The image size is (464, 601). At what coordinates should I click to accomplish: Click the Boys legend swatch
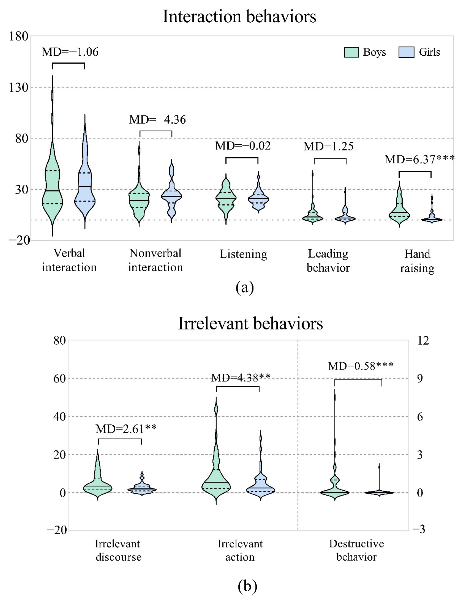[x=351, y=52]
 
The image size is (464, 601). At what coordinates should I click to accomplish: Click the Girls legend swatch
[x=406, y=52]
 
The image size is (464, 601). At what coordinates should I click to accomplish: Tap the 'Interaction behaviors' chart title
[x=239, y=17]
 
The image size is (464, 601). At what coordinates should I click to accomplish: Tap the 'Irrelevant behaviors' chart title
[x=250, y=323]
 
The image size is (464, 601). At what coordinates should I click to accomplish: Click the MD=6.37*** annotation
[x=420, y=159]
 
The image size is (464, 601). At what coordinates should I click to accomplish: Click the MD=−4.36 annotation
[x=158, y=120]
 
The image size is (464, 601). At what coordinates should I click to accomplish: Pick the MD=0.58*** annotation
[x=361, y=366]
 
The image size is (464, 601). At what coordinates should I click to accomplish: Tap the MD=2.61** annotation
[x=126, y=429]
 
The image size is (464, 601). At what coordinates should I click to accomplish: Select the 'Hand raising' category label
[x=417, y=261]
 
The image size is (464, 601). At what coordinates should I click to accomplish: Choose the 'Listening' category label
[x=243, y=254]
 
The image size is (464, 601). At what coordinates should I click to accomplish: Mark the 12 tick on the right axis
[x=423, y=341]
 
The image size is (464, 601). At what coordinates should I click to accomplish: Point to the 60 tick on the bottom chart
[x=60, y=379]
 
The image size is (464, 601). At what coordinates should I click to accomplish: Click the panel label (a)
[x=245, y=288]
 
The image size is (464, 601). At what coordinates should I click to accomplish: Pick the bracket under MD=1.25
[x=330, y=159]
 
